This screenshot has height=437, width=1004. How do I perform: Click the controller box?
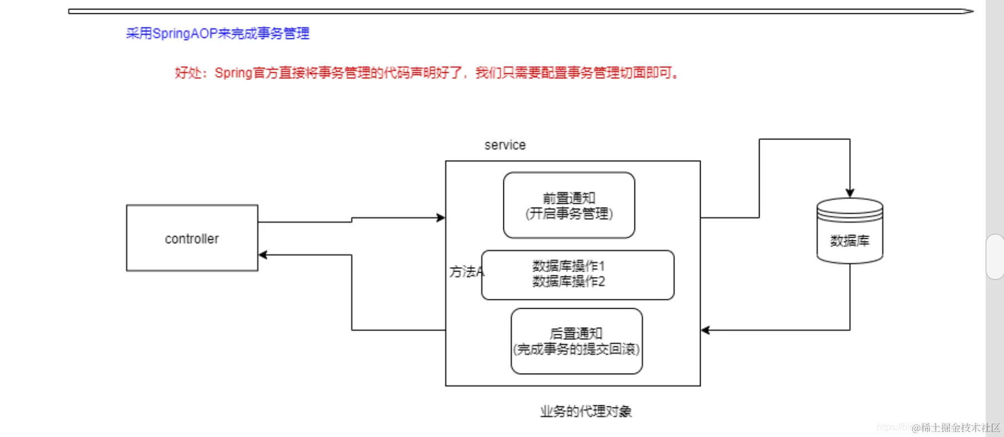tap(192, 238)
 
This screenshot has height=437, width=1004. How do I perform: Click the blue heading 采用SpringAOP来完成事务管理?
tap(217, 34)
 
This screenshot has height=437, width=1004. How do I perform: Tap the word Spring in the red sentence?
tap(233, 73)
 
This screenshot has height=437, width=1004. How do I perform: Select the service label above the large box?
tap(505, 145)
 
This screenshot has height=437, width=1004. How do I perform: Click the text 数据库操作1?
tap(568, 266)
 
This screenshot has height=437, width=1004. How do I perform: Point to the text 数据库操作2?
tap(568, 282)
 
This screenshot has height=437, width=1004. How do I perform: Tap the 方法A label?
tap(466, 272)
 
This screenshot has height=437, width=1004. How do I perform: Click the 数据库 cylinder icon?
tap(850, 231)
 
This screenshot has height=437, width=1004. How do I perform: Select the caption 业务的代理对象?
tap(586, 411)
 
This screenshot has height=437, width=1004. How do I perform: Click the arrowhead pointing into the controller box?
tap(263, 255)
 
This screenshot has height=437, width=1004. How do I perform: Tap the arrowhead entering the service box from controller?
tap(441, 218)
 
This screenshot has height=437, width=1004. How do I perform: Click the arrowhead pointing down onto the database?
tap(850, 193)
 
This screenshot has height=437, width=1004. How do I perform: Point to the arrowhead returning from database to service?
tap(706, 330)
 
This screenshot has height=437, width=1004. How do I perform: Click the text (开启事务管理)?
tap(568, 214)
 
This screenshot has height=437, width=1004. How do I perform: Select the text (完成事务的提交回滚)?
tap(576, 349)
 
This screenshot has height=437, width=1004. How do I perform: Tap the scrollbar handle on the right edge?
tap(995, 257)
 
